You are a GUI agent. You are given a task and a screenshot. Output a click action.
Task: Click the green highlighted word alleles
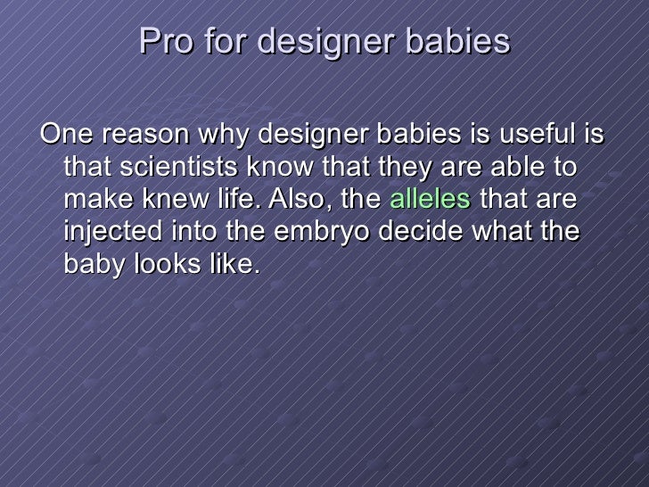(431, 198)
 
